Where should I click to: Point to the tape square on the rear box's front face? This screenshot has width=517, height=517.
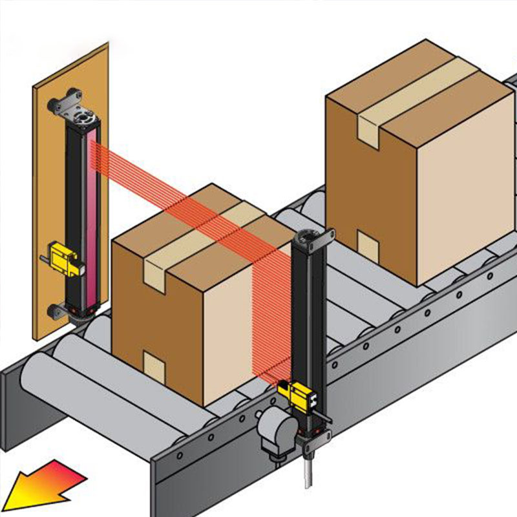click(x=368, y=246)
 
